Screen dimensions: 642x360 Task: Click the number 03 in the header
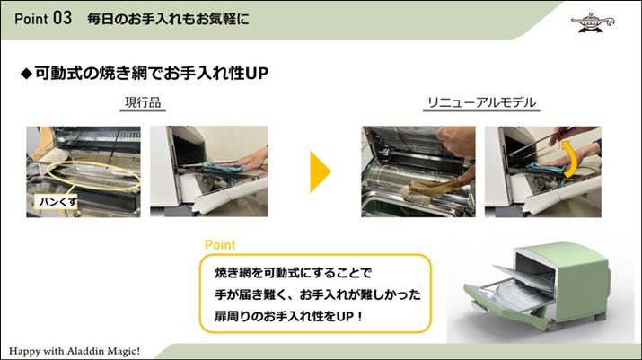click(x=62, y=18)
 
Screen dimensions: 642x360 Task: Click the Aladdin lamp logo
click(x=592, y=22)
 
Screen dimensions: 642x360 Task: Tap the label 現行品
click(x=143, y=102)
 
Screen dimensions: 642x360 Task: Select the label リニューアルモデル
click(x=481, y=102)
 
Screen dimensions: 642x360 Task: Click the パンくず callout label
click(x=57, y=201)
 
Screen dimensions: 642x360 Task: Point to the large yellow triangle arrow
click(x=321, y=171)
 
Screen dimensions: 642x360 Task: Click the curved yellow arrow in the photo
click(x=570, y=159)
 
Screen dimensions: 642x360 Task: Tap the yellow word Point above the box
click(x=220, y=245)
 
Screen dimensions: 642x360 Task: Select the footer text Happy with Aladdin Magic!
click(x=75, y=351)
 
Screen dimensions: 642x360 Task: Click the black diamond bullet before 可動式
click(x=26, y=74)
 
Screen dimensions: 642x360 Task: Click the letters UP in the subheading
click(x=257, y=74)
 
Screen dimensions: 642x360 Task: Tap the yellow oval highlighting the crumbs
click(x=93, y=175)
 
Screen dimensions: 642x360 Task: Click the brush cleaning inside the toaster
click(x=430, y=189)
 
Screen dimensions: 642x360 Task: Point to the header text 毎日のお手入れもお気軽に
click(x=168, y=19)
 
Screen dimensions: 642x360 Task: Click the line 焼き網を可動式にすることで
click(x=293, y=272)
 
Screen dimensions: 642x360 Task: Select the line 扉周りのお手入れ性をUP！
click(x=288, y=316)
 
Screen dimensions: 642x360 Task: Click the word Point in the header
click(x=31, y=19)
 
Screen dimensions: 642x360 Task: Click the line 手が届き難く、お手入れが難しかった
click(x=318, y=294)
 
